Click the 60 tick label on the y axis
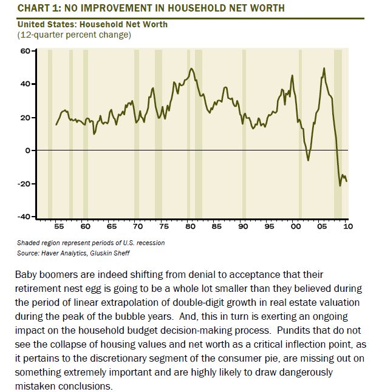pos(25,51)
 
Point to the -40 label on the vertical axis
pos(23,217)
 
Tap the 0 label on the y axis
pos(27,150)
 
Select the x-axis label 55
pos(59,226)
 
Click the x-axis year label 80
pos(190,226)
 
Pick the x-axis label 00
pos(295,226)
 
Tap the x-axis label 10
pos(348,226)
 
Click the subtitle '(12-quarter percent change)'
pos(74,35)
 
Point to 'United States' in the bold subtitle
pos(47,24)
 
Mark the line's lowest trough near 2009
pos(340,186)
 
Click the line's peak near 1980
pos(192,69)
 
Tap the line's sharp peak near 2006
pos(324,68)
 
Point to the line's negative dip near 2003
pos(308,160)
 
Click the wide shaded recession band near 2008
pos(338,133)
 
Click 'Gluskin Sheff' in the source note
pos(110,253)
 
